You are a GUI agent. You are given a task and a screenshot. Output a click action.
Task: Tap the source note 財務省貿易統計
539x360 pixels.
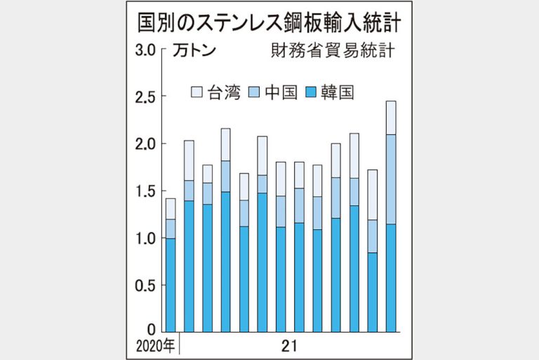pyautogui.click(x=332, y=51)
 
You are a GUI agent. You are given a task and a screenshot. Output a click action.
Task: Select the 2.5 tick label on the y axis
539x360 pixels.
pyautogui.click(x=145, y=96)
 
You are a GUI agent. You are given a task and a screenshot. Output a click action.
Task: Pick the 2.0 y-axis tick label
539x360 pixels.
pyautogui.click(x=145, y=143)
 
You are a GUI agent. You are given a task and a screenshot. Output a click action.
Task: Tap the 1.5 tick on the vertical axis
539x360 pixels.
pyautogui.click(x=145, y=191)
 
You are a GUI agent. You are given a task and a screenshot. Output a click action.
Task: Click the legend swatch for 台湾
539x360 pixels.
pyautogui.click(x=197, y=92)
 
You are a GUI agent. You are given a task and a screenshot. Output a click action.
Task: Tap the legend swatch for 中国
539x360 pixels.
pyautogui.click(x=255, y=92)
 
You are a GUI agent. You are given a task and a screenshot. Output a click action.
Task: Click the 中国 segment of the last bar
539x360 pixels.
pyautogui.click(x=391, y=179)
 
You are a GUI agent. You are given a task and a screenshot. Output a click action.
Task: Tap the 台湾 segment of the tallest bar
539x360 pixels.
pyautogui.click(x=391, y=117)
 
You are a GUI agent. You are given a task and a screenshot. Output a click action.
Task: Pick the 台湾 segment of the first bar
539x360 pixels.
pyautogui.click(x=171, y=209)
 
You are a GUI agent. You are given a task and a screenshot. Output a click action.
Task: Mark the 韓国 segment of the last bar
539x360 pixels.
pyautogui.click(x=391, y=278)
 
